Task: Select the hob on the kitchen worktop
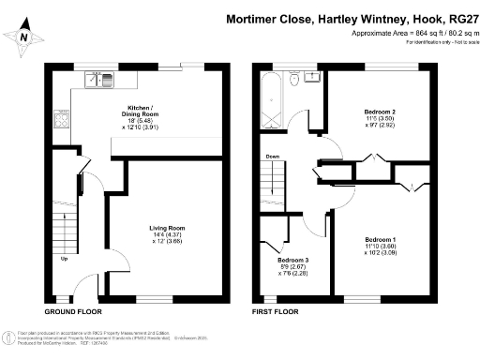tap(63, 119)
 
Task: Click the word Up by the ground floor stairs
tap(65, 259)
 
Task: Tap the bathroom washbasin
tap(311, 78)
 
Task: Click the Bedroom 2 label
tap(381, 112)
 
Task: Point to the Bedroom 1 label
tap(381, 238)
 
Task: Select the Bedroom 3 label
tap(302, 260)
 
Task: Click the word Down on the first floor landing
tap(273, 157)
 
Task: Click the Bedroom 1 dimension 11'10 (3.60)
tap(381, 246)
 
